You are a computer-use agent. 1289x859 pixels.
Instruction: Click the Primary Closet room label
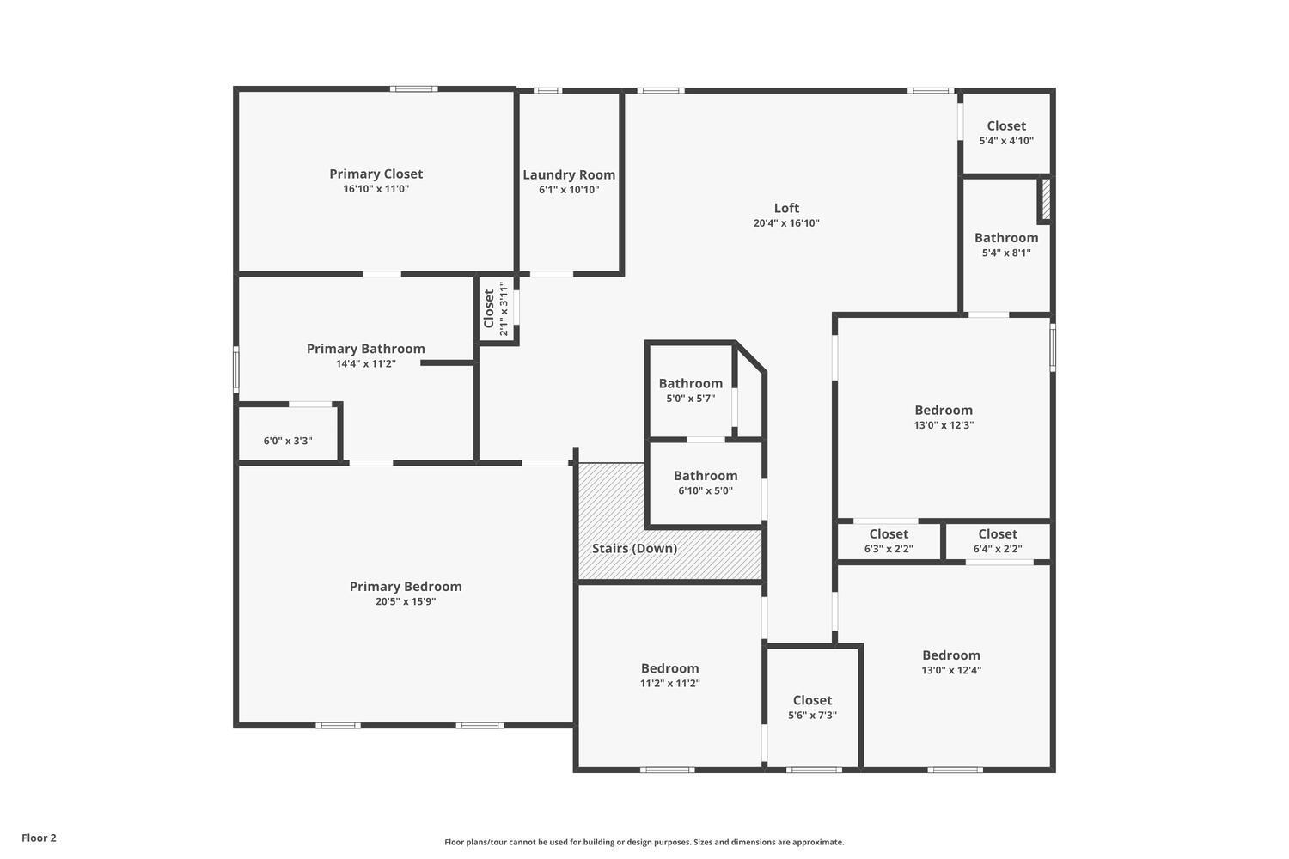[376, 174]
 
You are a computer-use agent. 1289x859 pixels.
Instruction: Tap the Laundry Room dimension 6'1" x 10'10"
[569, 190]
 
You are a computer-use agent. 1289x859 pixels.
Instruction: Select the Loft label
[786, 208]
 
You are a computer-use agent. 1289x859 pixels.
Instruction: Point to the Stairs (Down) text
[634, 548]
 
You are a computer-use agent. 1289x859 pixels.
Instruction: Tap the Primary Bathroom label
[365, 349]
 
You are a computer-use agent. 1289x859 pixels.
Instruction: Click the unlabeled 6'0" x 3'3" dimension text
[288, 441]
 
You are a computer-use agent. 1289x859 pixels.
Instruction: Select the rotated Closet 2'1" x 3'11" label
[496, 309]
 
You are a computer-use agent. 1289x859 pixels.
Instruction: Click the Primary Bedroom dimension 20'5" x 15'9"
[406, 601]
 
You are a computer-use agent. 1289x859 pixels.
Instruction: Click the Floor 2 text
[39, 838]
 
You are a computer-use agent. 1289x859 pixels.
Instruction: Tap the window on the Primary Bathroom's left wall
[236, 370]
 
